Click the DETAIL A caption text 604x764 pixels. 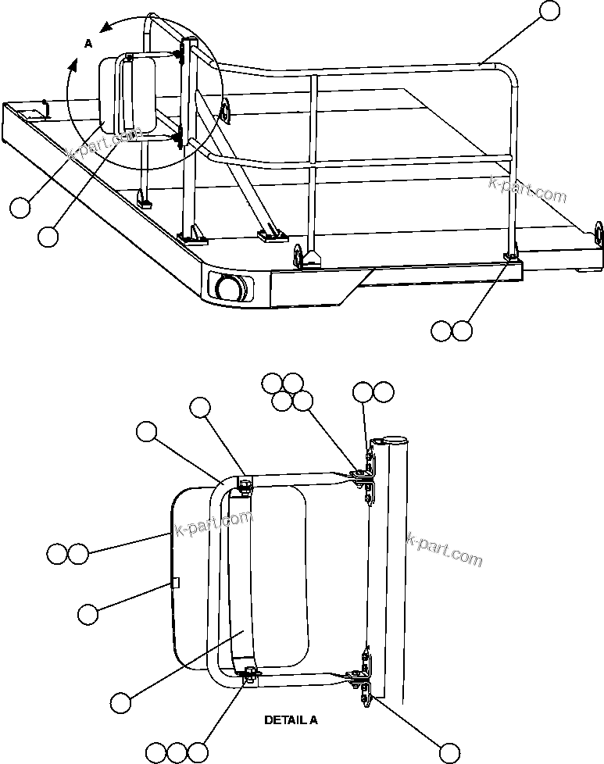291,720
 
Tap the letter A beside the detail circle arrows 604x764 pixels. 88,45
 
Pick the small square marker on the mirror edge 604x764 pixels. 176,582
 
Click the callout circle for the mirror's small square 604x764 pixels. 88,614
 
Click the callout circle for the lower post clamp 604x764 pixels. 449,752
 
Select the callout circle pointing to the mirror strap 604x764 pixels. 120,702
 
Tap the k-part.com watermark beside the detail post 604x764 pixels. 445,549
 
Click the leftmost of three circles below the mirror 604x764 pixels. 156,752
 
